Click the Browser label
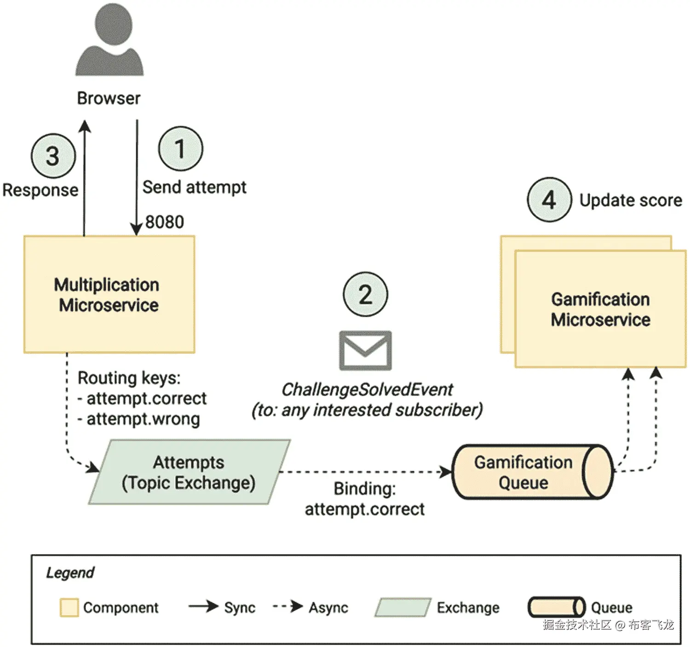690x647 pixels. click(x=109, y=99)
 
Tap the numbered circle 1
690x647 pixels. click(x=181, y=149)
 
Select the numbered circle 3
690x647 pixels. click(x=53, y=156)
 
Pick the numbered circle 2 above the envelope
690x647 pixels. click(x=366, y=294)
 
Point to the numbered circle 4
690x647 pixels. click(x=549, y=200)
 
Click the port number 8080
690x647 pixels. click(x=165, y=222)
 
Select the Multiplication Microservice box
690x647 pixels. click(x=109, y=294)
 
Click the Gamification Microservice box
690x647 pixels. click(x=600, y=309)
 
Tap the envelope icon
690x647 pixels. click(x=366, y=350)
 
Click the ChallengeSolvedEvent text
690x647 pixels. click(x=367, y=390)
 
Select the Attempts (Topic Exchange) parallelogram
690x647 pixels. click(x=190, y=472)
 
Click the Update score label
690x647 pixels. click(x=631, y=200)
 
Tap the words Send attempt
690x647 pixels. click(x=195, y=187)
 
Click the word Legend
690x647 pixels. click(x=70, y=572)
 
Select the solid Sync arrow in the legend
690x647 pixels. click(x=203, y=606)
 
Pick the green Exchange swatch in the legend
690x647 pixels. click(x=403, y=607)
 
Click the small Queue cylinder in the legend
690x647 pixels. click(x=557, y=607)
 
